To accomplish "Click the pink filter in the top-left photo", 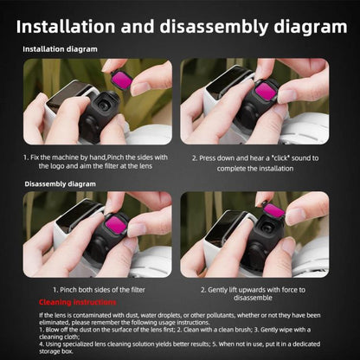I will coord(122,81).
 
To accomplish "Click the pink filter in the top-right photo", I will coord(266,90).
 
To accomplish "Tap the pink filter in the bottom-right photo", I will coord(274,210).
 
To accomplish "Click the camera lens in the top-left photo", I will coord(103,105).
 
